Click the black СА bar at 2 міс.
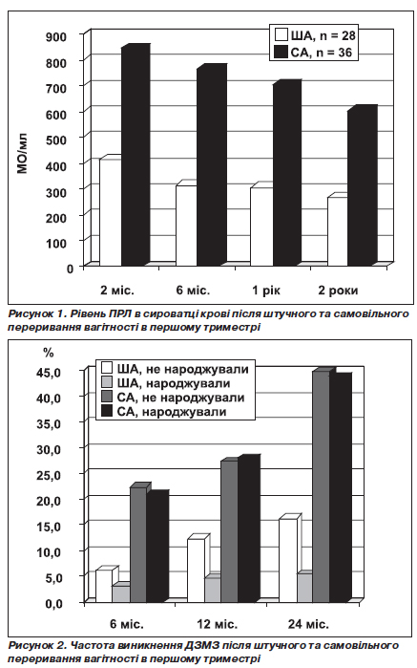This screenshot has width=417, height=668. (136, 155)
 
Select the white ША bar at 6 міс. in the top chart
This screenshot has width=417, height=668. (187, 225)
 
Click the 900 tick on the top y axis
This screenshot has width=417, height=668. (56, 36)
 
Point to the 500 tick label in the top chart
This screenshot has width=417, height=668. (56, 140)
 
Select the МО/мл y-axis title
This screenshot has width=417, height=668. (22, 153)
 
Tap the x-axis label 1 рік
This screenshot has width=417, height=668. (266, 291)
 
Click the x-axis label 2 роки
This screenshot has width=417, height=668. (339, 291)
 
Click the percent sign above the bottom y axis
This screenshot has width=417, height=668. (48, 353)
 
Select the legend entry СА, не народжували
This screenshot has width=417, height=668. (173, 398)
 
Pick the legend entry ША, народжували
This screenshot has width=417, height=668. (166, 383)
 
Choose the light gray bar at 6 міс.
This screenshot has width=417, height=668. (121, 593)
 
